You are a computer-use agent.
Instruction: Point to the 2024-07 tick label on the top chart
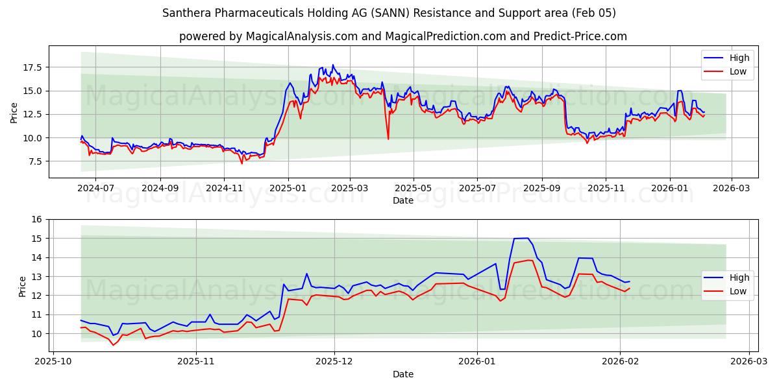coord(95,187)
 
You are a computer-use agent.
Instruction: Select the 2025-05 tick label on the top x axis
coord(414,187)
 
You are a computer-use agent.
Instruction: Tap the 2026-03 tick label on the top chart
coord(732,187)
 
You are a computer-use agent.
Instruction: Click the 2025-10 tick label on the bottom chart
coord(53,361)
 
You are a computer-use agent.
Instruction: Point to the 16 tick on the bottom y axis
coord(36,219)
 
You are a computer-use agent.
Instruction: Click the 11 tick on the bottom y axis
coord(36,314)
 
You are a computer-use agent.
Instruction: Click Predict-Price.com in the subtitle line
coord(581,36)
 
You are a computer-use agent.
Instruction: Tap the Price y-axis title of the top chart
coord(14,112)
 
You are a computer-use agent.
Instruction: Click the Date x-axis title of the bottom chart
coord(402,374)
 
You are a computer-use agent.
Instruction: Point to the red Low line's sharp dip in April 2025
coord(388,138)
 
